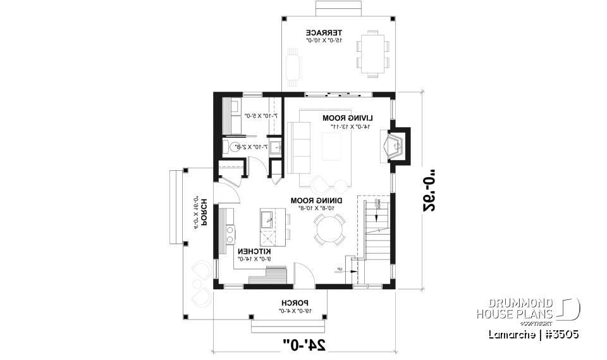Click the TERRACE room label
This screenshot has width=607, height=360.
pos(324,32)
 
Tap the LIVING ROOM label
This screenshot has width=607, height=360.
pos(347,118)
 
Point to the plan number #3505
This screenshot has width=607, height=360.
pos(560,333)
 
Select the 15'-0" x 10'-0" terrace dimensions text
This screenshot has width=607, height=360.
pos(324,40)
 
